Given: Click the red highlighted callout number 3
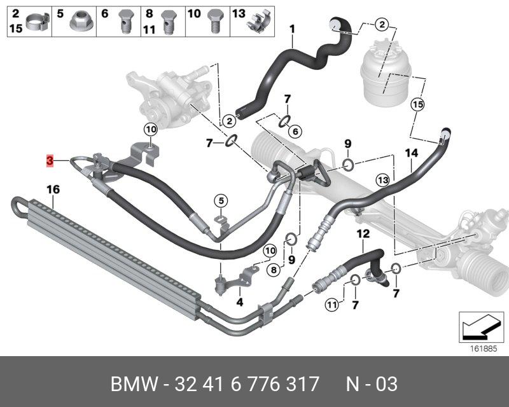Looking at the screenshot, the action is (x=50, y=161).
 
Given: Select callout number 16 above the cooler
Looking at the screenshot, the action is (x=53, y=189).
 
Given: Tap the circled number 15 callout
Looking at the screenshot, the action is (x=417, y=104).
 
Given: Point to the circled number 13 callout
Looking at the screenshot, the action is (x=382, y=180).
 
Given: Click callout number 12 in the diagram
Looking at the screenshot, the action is (x=363, y=234).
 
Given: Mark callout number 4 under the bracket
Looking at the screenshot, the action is (x=240, y=302).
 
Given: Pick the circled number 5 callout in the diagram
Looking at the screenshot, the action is (x=220, y=202).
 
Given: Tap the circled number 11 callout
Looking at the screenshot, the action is (x=331, y=305).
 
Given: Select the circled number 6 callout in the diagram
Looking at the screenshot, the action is (x=294, y=131).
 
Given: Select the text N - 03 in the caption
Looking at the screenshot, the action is (x=372, y=384).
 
